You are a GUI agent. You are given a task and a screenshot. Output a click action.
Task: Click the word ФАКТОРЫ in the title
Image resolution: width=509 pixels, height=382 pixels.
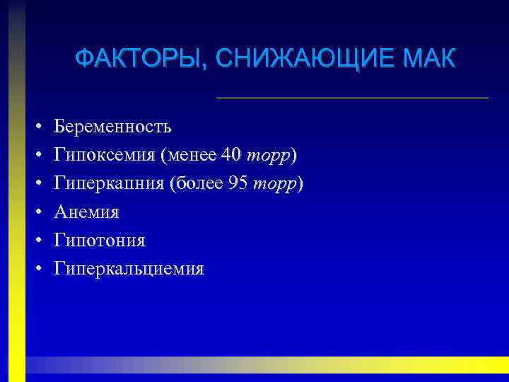(135, 58)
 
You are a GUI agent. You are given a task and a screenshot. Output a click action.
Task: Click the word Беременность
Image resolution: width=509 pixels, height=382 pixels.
(112, 127)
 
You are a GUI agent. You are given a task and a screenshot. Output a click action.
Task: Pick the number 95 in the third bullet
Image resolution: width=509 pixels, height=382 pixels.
(238, 184)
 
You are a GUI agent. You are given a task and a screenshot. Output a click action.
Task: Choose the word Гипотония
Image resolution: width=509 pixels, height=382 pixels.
(100, 241)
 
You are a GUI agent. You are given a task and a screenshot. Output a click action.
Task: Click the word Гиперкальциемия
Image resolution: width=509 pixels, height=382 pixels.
(129, 269)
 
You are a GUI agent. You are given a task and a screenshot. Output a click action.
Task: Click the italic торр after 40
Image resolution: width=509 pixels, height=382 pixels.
(269, 156)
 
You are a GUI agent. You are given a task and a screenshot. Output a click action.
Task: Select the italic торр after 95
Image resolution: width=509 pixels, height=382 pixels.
(275, 184)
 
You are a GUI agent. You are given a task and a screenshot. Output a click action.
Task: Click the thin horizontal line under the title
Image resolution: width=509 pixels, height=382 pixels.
(351, 97)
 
